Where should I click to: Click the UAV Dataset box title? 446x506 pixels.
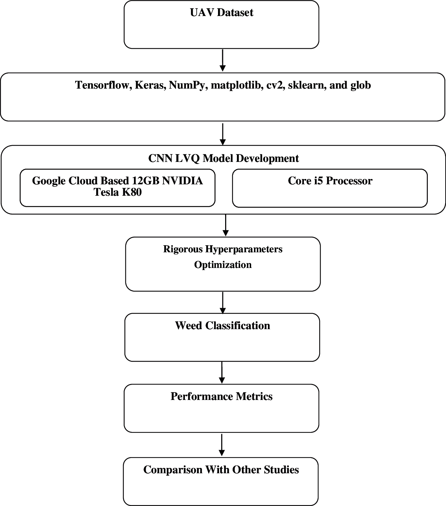click(x=222, y=12)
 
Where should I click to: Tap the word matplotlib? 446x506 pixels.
click(x=237, y=85)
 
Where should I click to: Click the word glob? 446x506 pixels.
click(x=361, y=85)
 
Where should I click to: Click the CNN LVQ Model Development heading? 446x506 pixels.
click(x=223, y=158)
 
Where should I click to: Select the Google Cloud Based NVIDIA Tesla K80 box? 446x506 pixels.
click(x=118, y=188)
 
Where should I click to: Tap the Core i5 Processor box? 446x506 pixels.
click(x=330, y=188)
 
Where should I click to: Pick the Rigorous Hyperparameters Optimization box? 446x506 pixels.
click(x=223, y=264)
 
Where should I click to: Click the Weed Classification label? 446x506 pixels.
click(x=222, y=326)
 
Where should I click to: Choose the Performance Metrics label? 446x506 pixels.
click(x=221, y=396)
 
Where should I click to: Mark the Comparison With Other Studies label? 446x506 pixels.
click(x=221, y=470)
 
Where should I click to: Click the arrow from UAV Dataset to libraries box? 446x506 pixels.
click(x=223, y=60)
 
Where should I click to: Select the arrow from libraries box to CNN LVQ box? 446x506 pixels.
click(x=223, y=134)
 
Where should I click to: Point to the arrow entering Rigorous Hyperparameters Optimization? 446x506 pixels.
click(x=225, y=225)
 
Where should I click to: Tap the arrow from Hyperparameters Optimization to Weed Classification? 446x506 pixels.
click(x=223, y=302)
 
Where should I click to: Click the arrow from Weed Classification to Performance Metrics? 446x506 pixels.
click(x=222, y=373)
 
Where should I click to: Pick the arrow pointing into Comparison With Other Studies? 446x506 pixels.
click(x=222, y=445)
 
